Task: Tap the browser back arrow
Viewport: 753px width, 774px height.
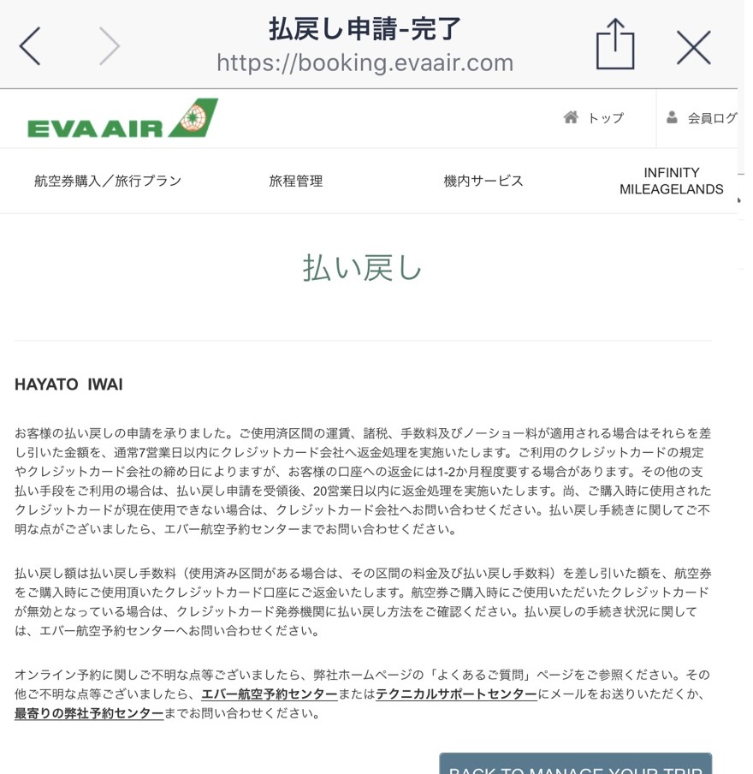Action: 30,47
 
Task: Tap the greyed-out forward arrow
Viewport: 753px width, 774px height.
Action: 109,47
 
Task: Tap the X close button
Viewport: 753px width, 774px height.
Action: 693,48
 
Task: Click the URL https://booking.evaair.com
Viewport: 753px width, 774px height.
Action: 365,63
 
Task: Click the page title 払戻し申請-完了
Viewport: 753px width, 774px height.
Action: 365,29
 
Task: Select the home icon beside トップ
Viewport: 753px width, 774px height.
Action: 571,118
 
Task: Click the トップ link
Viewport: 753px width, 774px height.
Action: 606,118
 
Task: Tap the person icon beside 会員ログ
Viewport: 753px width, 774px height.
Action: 673,118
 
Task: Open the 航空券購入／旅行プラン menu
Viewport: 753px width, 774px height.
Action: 108,182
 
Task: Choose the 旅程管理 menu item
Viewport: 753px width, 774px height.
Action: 296,182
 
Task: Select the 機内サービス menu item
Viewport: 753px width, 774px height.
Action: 483,182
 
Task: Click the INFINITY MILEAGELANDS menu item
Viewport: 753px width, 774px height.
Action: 672,182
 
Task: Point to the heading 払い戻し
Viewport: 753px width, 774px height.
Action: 363,268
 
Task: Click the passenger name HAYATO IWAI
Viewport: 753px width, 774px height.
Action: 68,385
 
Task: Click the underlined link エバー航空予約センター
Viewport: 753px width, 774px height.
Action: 269,694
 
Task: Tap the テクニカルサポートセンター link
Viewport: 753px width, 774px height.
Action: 456,694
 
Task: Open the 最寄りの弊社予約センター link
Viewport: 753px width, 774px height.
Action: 89,713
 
